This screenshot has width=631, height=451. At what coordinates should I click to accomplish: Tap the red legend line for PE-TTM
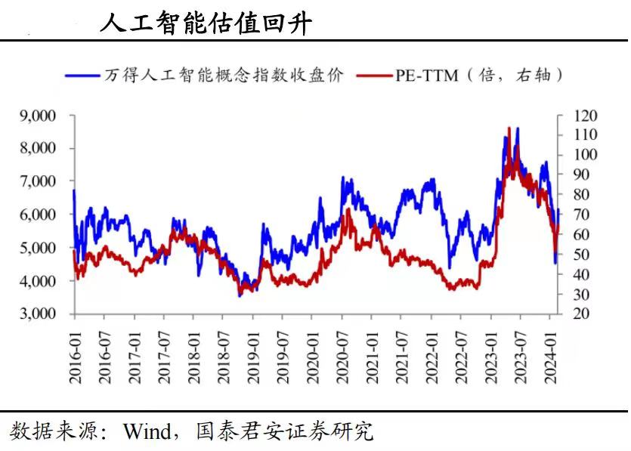[x=373, y=76]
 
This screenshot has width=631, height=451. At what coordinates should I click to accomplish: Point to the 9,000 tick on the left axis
[x=37, y=116]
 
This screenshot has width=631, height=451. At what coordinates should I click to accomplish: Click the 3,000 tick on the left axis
[x=37, y=314]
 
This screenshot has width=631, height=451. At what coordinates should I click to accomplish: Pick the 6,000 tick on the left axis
[x=37, y=215]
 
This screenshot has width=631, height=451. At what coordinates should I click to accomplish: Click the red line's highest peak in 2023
[x=509, y=128]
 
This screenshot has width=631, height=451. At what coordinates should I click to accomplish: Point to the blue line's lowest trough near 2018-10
[x=240, y=295]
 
